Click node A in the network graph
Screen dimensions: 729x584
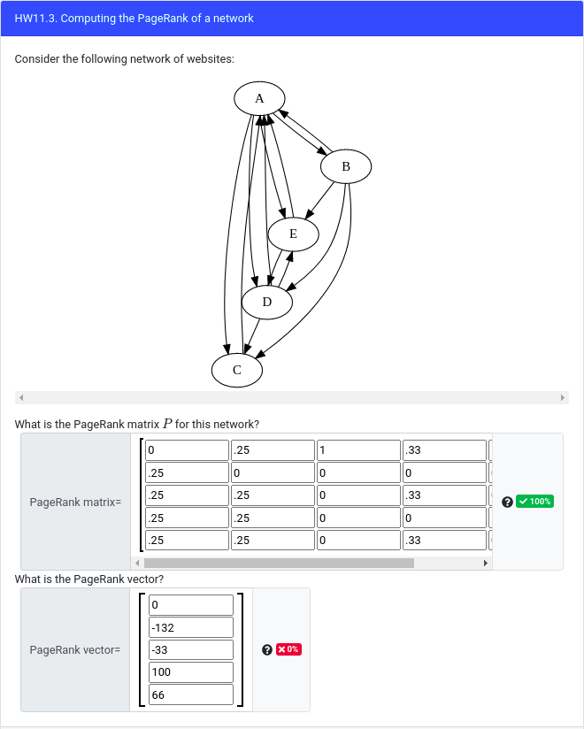click(x=258, y=98)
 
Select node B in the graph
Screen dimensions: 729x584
click(x=345, y=165)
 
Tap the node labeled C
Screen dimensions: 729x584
click(x=236, y=370)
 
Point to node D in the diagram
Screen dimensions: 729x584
click(x=266, y=303)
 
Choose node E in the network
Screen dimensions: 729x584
click(x=293, y=234)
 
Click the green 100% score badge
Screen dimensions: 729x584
click(x=535, y=502)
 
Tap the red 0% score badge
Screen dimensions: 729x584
click(x=288, y=649)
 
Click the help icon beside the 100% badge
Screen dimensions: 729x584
click(x=506, y=502)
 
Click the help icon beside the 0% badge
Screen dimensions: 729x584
click(x=267, y=649)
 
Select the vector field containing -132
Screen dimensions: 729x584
click(x=190, y=627)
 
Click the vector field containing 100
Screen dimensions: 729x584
click(x=190, y=672)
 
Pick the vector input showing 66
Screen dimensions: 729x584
click(x=190, y=694)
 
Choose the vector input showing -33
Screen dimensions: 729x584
click(x=190, y=649)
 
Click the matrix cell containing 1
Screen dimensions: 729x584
click(x=357, y=450)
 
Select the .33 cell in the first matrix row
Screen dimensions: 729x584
click(x=444, y=450)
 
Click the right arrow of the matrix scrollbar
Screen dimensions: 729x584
click(x=484, y=563)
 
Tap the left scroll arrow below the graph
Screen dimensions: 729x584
click(x=21, y=397)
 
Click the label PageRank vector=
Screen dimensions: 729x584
click(x=75, y=649)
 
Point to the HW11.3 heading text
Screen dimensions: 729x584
click(x=134, y=18)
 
